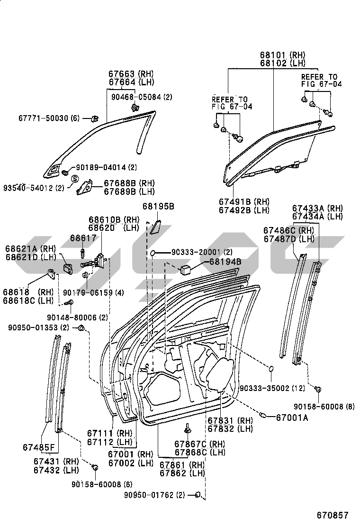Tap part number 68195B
pyautogui.click(x=159, y=207)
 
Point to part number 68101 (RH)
pyautogui.click(x=283, y=55)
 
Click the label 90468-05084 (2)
pyautogui.click(x=142, y=97)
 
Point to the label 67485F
pyautogui.click(x=38, y=447)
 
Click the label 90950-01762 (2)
pyautogui.click(x=154, y=496)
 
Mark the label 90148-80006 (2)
pyautogui.click(x=77, y=317)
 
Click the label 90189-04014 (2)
pyautogui.click(x=106, y=167)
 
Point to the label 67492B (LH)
pyautogui.click(x=243, y=209)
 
